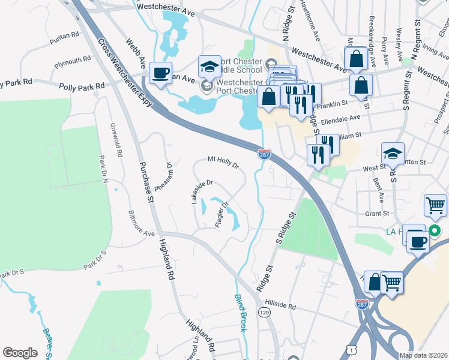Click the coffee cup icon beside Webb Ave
(160, 73)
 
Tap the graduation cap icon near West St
(393, 154)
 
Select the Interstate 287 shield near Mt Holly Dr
(264, 154)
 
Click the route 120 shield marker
(264, 312)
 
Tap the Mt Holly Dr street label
(223, 162)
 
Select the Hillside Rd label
(282, 306)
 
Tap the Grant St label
(378, 213)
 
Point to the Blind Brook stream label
(241, 310)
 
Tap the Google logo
(20, 353)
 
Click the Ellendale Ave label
(340, 119)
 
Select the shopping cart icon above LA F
(435, 205)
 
